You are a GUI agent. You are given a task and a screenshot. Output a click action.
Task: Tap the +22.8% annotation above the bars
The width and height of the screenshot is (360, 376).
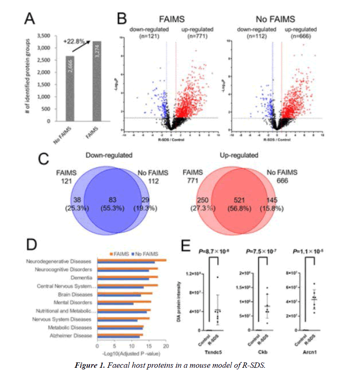pos(73,41)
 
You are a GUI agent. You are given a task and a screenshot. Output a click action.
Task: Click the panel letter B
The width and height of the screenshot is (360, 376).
pos(121,18)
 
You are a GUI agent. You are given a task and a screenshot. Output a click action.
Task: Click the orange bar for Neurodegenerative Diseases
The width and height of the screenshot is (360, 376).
pos(131,260)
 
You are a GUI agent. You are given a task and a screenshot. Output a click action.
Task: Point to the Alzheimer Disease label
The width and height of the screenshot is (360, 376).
pos(75,336)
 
